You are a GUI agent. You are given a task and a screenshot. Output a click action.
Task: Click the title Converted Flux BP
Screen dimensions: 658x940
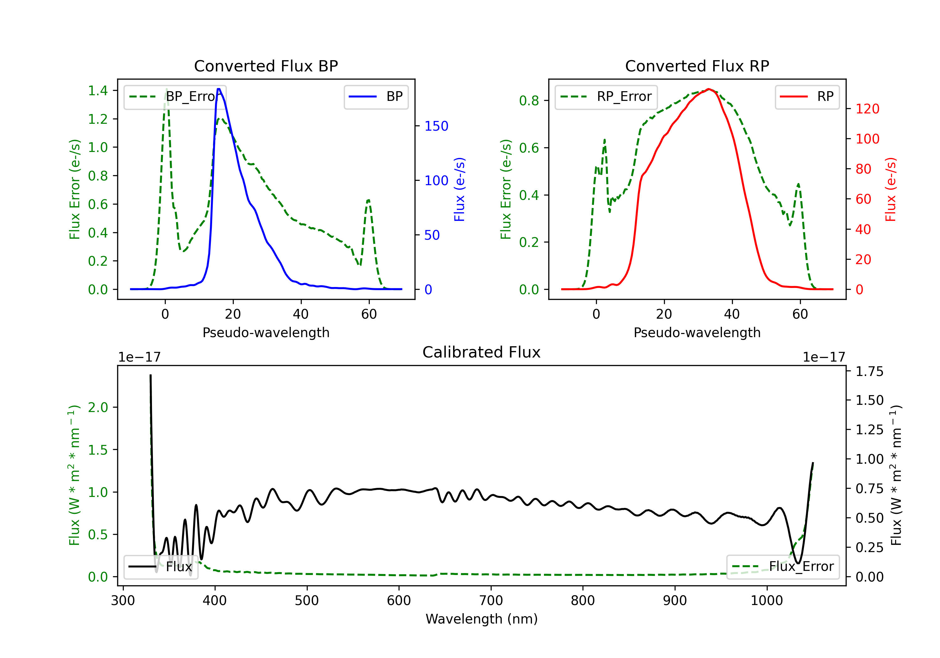coord(266,66)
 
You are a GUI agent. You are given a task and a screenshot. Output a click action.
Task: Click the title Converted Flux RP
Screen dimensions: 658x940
coord(697,66)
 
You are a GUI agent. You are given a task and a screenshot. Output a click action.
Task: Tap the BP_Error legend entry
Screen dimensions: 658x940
coord(175,97)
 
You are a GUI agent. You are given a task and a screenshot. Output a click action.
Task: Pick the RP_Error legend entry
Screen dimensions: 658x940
coord(606,97)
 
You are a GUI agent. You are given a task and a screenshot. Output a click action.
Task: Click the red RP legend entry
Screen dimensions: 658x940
coord(807,97)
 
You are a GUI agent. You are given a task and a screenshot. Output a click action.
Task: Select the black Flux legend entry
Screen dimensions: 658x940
coord(161,567)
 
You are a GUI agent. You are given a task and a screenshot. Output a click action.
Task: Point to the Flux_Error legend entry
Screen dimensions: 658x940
coord(783,567)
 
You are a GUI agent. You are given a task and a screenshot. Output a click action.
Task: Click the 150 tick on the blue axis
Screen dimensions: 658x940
coord(436,126)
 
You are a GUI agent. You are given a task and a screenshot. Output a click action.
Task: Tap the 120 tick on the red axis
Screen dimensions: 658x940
coord(867,109)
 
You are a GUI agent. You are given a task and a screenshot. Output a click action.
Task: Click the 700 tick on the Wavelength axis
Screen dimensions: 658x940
coord(491,601)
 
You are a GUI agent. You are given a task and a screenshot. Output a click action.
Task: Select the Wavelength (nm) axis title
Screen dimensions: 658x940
coord(482,619)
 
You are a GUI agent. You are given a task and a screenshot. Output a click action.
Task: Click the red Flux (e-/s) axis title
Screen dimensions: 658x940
coord(890,189)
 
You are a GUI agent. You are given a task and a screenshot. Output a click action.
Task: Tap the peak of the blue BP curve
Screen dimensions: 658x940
coord(219,89)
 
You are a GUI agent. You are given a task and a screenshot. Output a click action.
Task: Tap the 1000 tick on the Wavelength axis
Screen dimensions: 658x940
coord(767,601)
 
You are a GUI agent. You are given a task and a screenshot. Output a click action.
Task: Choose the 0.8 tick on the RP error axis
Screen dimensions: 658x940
coord(529,101)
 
